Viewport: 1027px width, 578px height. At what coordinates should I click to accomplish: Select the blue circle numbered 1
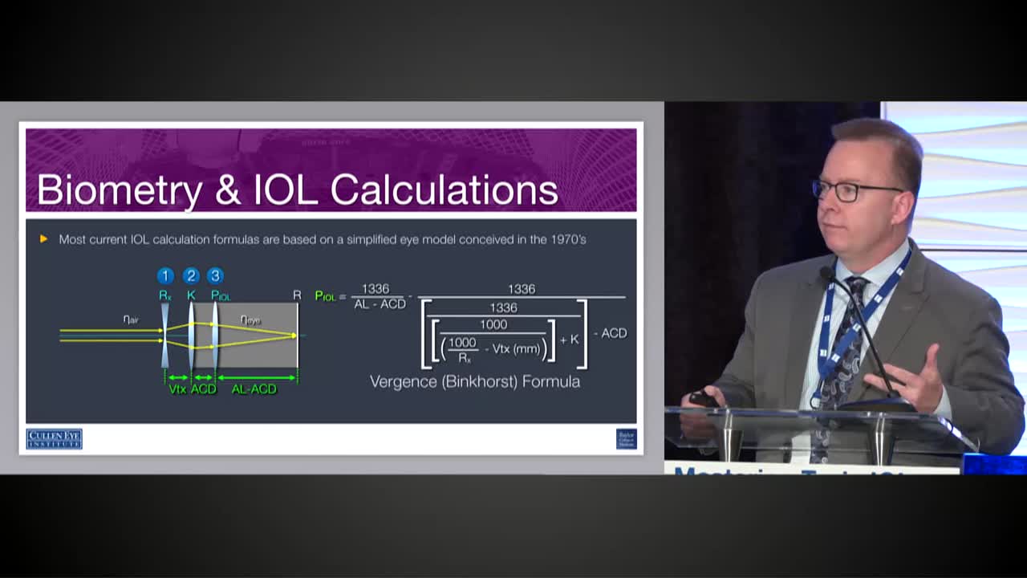click(165, 276)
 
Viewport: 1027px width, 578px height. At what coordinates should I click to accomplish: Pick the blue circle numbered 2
click(191, 276)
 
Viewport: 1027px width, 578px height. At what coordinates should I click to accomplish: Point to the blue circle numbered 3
click(215, 276)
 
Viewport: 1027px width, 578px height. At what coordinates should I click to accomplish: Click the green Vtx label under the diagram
click(177, 389)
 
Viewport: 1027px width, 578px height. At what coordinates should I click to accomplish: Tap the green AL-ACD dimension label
click(254, 389)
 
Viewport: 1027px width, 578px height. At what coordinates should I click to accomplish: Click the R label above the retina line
click(297, 295)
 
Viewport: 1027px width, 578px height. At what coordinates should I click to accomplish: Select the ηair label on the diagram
click(131, 320)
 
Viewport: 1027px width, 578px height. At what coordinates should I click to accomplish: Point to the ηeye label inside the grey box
click(250, 320)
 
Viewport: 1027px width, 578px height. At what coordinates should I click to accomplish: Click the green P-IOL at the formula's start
click(325, 296)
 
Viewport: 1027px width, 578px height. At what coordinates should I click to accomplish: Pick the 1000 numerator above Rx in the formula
click(462, 342)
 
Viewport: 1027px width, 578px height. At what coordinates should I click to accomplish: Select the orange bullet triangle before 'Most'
click(43, 239)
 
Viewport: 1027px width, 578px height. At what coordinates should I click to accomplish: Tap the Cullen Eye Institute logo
click(54, 438)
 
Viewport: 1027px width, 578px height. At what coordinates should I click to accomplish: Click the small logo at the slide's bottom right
click(626, 438)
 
